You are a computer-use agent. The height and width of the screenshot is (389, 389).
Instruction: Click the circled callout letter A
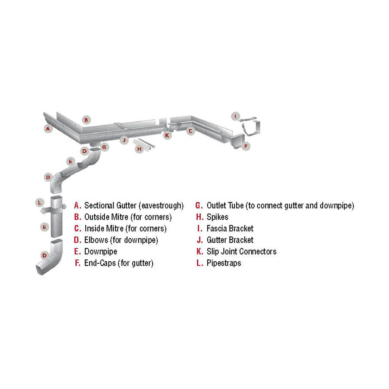click(48, 129)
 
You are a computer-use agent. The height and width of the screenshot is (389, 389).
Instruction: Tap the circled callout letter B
click(86, 120)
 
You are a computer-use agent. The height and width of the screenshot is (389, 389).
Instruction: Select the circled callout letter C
click(190, 131)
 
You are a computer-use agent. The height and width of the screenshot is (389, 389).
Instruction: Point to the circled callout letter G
click(104, 147)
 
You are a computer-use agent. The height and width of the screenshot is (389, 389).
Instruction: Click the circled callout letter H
click(139, 149)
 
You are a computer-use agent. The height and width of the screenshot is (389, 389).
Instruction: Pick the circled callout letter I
click(235, 116)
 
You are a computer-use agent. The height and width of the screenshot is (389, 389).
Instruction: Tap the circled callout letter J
click(124, 140)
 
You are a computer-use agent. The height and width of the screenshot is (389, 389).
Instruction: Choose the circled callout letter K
click(167, 135)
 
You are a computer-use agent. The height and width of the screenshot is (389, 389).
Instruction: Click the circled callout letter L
click(40, 203)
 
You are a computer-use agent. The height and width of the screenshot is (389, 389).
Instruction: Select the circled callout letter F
click(246, 146)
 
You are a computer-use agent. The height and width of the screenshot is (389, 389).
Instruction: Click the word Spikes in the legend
click(218, 217)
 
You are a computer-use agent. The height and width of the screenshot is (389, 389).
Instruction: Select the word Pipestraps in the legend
click(224, 263)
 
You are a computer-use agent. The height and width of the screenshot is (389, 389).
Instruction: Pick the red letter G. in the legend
click(199, 206)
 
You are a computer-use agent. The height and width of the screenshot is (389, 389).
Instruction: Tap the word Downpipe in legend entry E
click(101, 252)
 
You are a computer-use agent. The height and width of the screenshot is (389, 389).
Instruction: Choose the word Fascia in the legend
click(217, 229)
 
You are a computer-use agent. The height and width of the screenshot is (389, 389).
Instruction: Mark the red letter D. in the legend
click(77, 240)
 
